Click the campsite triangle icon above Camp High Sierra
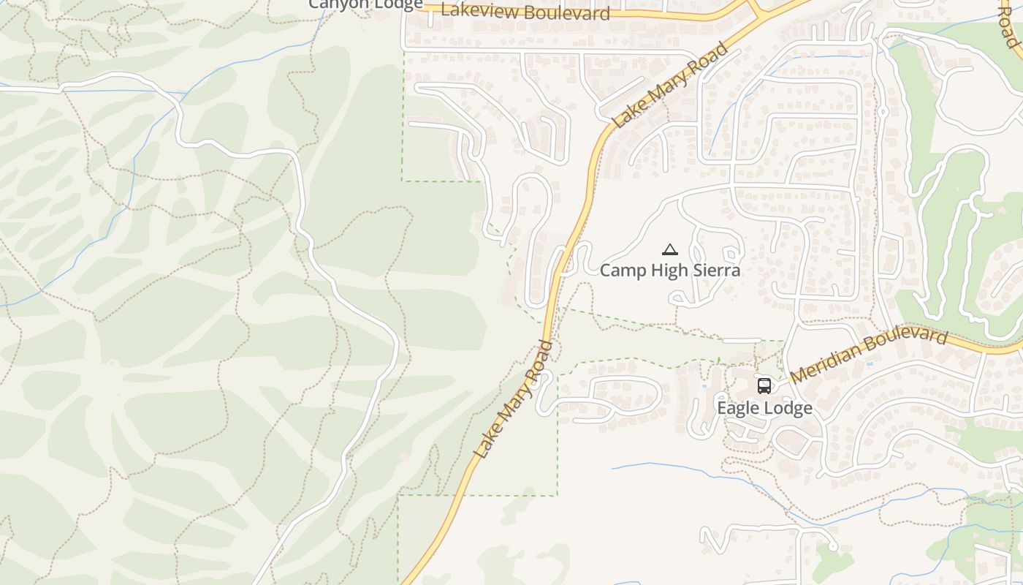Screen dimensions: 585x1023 670,250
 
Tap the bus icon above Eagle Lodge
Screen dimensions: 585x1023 764,386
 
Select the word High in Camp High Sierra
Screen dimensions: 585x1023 669,271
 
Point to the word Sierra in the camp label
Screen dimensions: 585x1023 717,271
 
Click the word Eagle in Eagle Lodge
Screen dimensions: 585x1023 739,408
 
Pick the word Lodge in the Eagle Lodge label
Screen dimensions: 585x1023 788,408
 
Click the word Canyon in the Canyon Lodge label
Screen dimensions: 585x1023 336,4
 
